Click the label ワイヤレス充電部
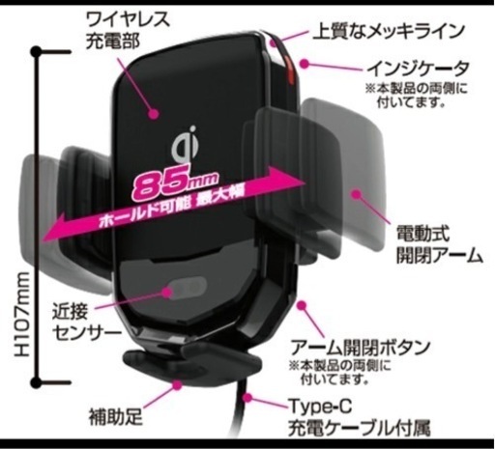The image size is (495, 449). coord(127,30)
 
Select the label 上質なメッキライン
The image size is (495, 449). coord(389,31)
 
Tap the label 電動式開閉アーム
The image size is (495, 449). coord(440,244)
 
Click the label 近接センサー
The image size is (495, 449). coord(86,323)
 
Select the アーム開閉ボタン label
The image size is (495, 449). coord(361,348)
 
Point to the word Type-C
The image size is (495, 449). coord(320,407)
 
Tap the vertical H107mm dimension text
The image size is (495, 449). coord(22,314)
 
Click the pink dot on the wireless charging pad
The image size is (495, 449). coord(155,113)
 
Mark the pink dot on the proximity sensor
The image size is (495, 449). coord(167,293)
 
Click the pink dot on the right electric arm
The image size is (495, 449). coord(356,194)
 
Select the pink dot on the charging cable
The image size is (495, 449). coord(247,398)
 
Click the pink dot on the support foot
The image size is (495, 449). coord(177,384)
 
